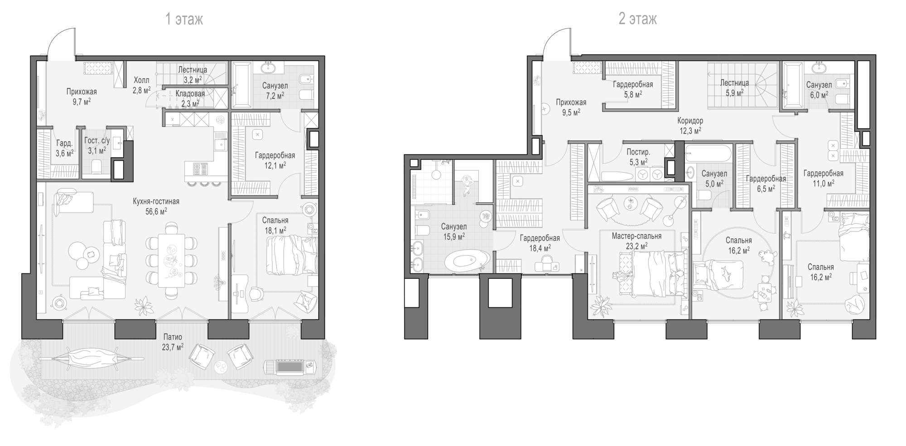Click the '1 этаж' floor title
pos(184,19)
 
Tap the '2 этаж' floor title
pos(637,19)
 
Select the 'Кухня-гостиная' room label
pos(156,201)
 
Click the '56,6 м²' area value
pos(156,211)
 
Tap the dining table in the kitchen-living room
pos(171,260)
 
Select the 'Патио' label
pos(173,337)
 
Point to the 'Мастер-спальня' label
pos(636,236)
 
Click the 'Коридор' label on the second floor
pos(690,121)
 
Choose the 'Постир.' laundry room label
pos(638,152)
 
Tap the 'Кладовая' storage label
pos(190,94)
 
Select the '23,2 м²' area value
pos(636,246)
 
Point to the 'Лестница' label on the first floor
pos(193,70)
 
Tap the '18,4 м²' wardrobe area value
pos(540,248)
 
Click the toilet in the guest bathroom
pos(96,167)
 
